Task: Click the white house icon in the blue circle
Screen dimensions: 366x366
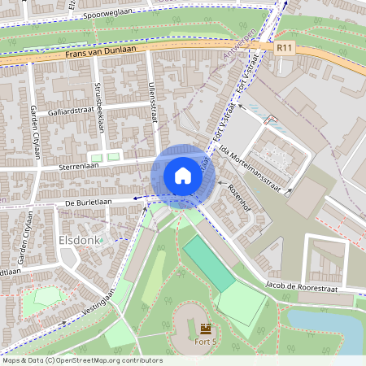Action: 183,175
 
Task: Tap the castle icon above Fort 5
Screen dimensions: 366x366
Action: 204,328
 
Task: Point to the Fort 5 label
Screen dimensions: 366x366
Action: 205,343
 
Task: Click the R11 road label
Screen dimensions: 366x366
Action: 283,49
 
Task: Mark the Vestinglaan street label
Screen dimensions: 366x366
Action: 102,303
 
